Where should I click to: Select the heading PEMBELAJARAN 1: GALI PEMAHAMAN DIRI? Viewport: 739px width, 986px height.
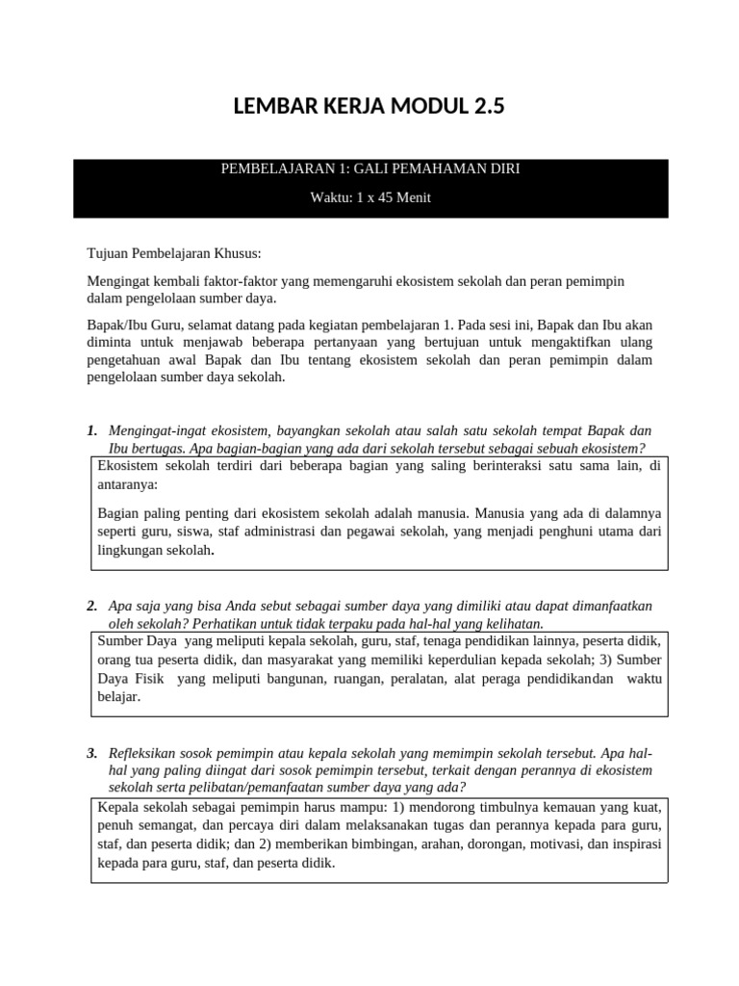click(370, 169)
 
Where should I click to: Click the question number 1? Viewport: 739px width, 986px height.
click(91, 430)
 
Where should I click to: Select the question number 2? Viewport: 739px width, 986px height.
click(91, 606)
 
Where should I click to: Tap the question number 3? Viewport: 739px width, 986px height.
click(91, 752)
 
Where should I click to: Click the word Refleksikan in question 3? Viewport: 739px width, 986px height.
click(150, 752)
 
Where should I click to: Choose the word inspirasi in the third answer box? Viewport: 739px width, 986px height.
click(632, 844)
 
